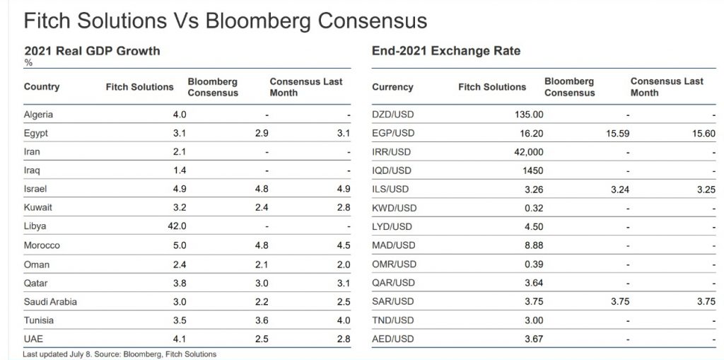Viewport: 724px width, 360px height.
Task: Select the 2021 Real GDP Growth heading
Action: coord(92,51)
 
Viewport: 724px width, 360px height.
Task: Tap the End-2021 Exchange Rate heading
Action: coord(446,51)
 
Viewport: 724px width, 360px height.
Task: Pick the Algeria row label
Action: coord(38,115)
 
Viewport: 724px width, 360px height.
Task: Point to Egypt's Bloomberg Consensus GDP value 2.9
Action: coord(261,133)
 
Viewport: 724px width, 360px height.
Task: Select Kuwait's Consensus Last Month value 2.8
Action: coord(343,208)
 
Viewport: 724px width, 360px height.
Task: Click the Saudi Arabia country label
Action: coord(50,301)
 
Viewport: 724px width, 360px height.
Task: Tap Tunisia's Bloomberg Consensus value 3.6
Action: coord(261,320)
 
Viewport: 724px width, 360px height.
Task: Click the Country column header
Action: coord(42,87)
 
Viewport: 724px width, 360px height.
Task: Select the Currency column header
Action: coord(392,87)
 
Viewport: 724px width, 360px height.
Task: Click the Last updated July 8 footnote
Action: coord(119,354)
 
